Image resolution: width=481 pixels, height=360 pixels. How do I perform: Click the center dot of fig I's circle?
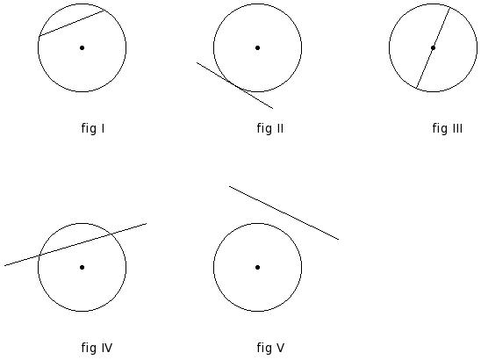pos(82,47)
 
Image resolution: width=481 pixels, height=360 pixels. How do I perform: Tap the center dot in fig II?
pos(258,47)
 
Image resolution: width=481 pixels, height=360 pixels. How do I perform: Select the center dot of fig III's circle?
pos(433,47)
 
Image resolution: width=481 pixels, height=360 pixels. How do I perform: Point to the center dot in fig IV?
pos(82,267)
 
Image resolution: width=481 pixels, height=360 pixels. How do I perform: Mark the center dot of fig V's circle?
pos(258,267)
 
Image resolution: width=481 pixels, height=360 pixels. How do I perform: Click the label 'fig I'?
pos(93,128)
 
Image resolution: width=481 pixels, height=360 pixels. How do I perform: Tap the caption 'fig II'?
pos(270,128)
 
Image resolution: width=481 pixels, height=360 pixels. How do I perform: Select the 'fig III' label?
pos(448,128)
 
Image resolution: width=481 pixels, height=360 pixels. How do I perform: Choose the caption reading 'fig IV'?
pos(97,348)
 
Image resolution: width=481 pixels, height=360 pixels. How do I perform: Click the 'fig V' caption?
pos(270,348)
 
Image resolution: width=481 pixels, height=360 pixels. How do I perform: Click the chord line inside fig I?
pos(72,24)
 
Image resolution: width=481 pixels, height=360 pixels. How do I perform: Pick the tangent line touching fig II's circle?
pos(234,85)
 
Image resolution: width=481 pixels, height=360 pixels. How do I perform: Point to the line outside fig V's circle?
pos(284,212)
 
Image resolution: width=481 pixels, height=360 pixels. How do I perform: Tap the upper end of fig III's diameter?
pos(450,7)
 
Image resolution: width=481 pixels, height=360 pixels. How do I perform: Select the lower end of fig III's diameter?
pos(416,89)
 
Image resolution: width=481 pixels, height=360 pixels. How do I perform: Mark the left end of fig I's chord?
pos(39,37)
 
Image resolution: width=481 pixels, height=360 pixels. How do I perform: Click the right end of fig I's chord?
pos(104,11)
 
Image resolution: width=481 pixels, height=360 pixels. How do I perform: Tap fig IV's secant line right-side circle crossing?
pos(111,234)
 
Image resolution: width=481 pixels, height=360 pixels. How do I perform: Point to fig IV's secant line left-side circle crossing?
pos(39,256)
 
